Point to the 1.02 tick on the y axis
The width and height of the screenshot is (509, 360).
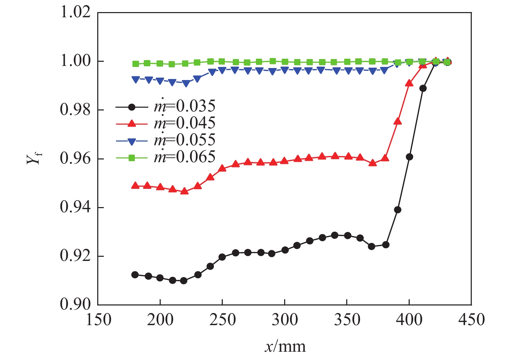(x=76, y=12)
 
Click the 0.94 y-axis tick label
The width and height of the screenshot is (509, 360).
(x=76, y=208)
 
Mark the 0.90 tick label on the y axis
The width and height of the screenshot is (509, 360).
(x=76, y=304)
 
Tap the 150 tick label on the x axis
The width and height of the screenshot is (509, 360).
(x=99, y=320)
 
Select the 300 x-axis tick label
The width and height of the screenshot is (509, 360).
(x=285, y=320)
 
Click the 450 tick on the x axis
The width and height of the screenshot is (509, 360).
(x=471, y=320)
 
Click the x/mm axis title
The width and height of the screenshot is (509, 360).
(x=285, y=346)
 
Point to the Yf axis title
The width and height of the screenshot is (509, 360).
(x=34, y=158)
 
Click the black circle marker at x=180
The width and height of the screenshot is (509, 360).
(x=135, y=275)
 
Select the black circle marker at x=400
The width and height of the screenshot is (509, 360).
(x=409, y=157)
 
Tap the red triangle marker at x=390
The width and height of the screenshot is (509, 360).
(x=398, y=121)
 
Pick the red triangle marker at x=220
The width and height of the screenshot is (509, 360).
(x=184, y=191)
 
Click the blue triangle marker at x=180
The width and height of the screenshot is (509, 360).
(x=136, y=79)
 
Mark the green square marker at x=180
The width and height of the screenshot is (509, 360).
(x=136, y=64)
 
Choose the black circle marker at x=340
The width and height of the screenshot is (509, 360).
(x=335, y=235)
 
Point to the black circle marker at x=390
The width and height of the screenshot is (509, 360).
(x=398, y=210)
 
